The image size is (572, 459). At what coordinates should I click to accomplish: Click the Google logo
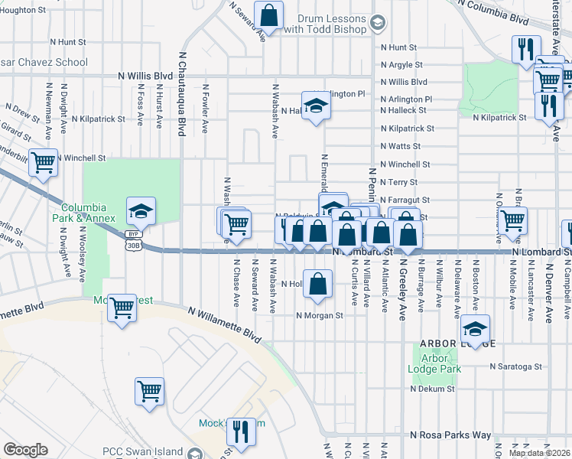pyautogui.click(x=25, y=450)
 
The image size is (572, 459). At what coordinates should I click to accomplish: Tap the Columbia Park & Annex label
pyautogui.click(x=89, y=212)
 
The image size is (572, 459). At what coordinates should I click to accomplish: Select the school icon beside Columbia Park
pyautogui.click(x=141, y=210)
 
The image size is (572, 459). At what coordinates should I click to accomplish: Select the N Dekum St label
pyautogui.click(x=432, y=389)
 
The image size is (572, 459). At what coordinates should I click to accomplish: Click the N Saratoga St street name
pyautogui.click(x=515, y=366)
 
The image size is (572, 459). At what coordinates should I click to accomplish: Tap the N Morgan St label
pyautogui.click(x=320, y=315)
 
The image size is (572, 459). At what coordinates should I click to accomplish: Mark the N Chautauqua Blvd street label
pyautogui.click(x=182, y=90)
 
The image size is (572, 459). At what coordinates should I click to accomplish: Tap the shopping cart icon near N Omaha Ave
pyautogui.click(x=514, y=220)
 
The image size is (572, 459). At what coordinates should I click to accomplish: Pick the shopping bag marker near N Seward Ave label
pyautogui.click(x=269, y=13)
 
